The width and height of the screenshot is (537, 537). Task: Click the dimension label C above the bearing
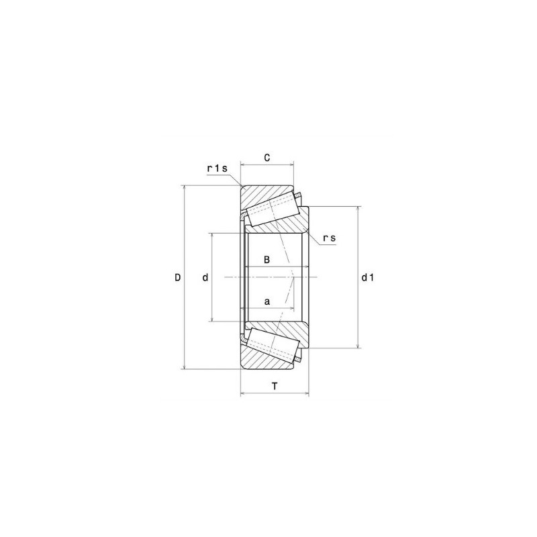point(266,158)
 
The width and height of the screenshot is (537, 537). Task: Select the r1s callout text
point(218,168)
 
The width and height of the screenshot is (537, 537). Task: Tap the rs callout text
point(329,238)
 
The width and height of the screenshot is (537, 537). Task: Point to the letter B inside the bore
point(266,259)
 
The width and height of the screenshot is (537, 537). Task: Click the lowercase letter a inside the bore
point(266,302)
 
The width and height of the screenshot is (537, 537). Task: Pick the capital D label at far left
point(178,277)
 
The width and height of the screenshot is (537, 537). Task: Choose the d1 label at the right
point(367,277)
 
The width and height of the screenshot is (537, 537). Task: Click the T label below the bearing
point(275,386)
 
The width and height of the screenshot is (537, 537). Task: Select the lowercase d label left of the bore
point(205,277)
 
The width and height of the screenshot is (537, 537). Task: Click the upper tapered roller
point(272,208)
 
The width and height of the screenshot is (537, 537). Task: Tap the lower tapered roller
point(272,346)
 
